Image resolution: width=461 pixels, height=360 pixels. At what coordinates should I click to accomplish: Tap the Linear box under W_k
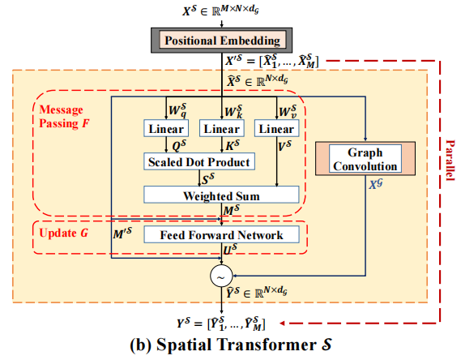[221, 129]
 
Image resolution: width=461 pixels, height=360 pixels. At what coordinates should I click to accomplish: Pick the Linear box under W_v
[275, 129]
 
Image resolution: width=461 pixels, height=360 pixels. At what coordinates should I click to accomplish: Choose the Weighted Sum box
[222, 195]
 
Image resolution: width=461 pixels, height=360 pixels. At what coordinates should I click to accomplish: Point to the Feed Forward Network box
[222, 235]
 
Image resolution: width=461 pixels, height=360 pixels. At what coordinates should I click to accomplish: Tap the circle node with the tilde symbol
[220, 276]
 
